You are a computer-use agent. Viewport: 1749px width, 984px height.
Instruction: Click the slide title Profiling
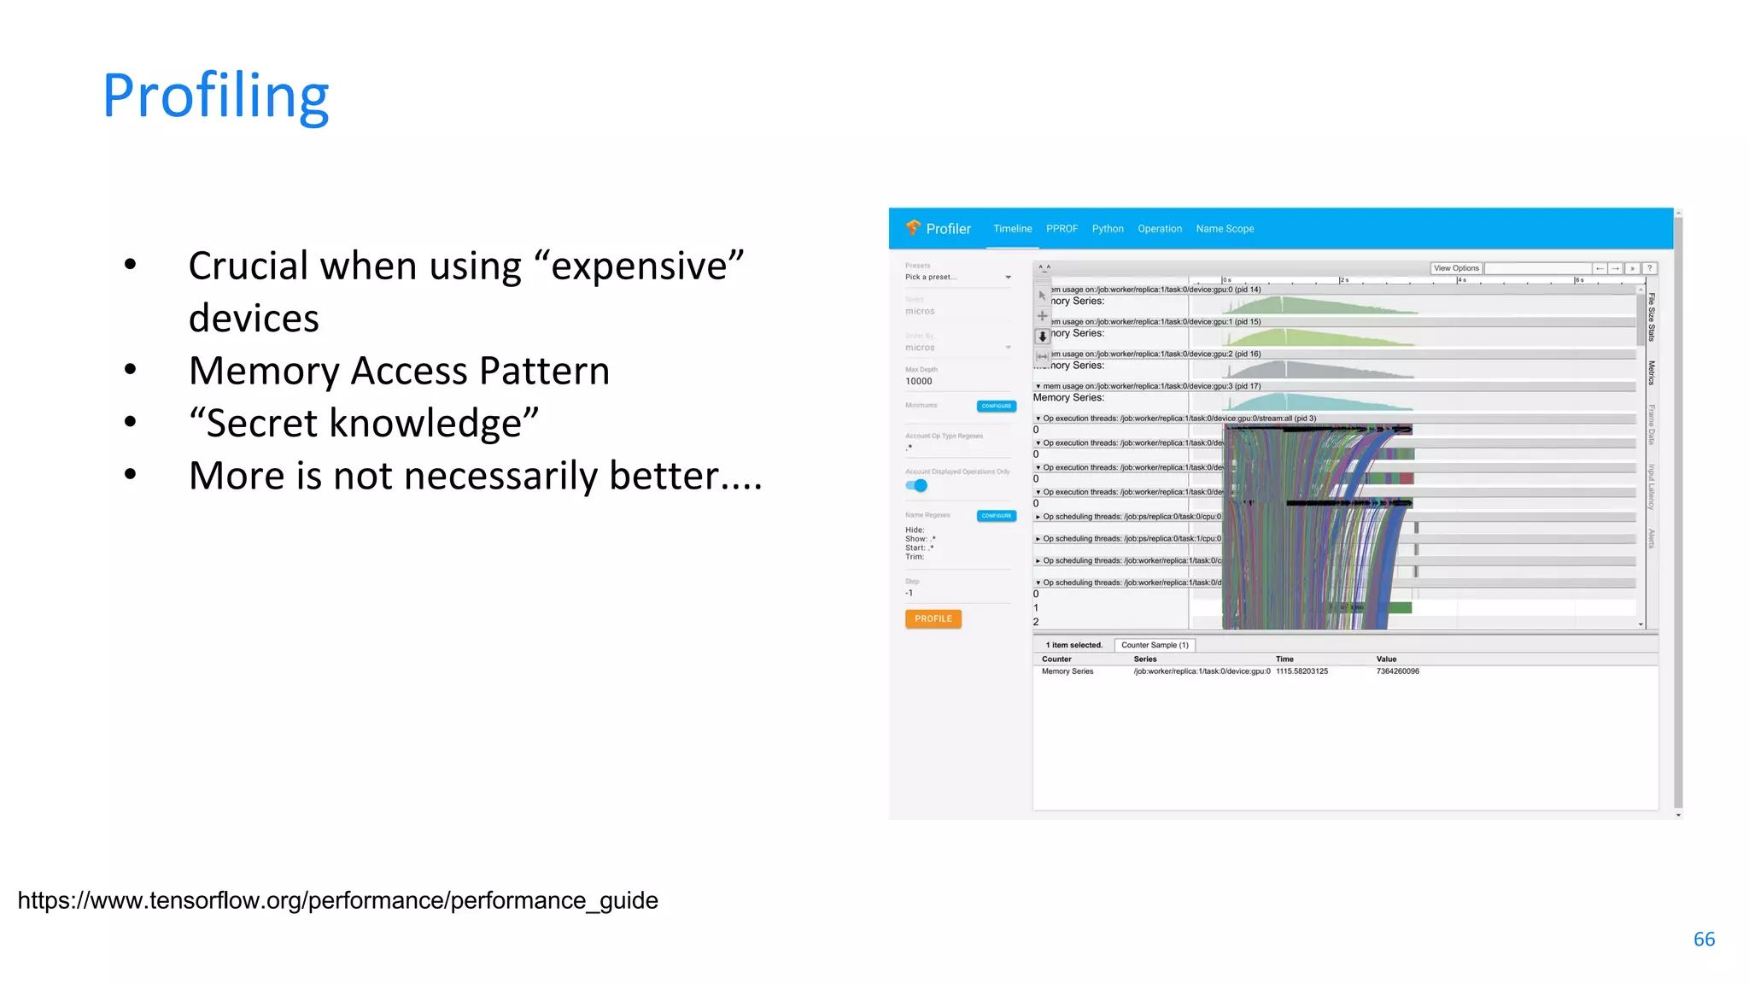point(215,96)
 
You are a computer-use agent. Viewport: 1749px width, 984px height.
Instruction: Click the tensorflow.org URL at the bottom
point(337,900)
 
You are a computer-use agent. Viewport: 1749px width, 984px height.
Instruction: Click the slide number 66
point(1704,939)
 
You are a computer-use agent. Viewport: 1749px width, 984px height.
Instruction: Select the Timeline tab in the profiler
point(1012,229)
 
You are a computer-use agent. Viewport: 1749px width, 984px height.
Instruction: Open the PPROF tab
point(1062,229)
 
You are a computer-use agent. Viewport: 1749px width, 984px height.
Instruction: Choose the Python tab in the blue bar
point(1108,229)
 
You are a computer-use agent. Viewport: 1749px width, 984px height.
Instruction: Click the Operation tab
point(1160,229)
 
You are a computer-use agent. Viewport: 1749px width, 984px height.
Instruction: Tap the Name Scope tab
point(1225,229)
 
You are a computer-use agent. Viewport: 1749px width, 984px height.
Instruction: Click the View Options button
point(1456,268)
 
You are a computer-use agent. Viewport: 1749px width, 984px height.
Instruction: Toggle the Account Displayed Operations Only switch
point(916,486)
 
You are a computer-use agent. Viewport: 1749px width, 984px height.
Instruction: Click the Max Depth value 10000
point(919,382)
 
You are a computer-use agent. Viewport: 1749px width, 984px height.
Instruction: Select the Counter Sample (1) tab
point(1155,645)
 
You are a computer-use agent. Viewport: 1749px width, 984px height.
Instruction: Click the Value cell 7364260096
point(1397,671)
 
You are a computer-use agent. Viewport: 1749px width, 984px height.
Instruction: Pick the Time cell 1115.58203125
point(1302,671)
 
